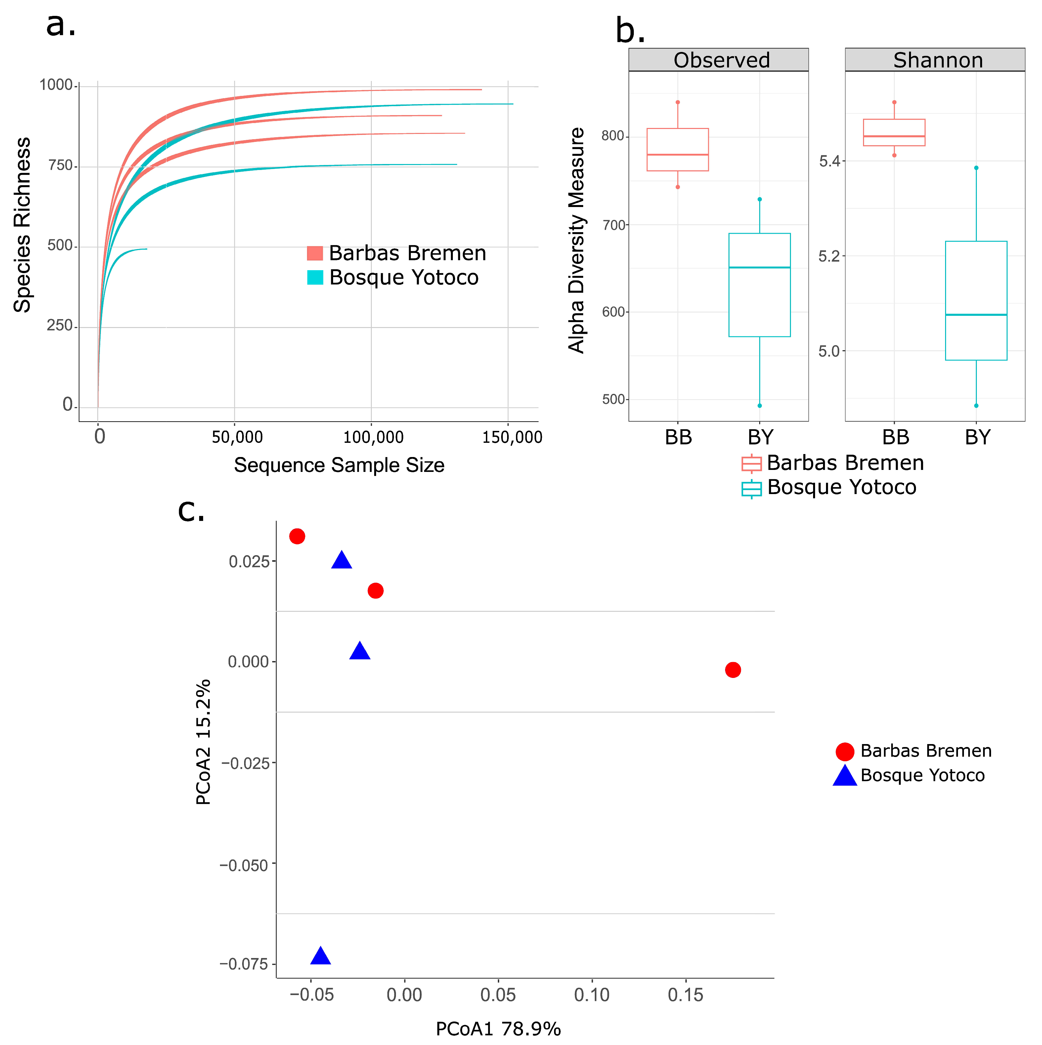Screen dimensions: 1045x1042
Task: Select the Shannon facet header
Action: point(937,60)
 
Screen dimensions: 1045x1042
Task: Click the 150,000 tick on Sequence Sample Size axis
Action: point(512,437)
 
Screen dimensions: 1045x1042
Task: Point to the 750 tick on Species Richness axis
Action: point(61,165)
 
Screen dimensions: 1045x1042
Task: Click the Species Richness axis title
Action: point(22,225)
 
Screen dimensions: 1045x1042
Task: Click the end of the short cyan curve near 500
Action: point(146,249)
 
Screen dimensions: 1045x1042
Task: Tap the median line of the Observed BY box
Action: point(760,267)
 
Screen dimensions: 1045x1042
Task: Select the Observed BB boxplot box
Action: point(678,150)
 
